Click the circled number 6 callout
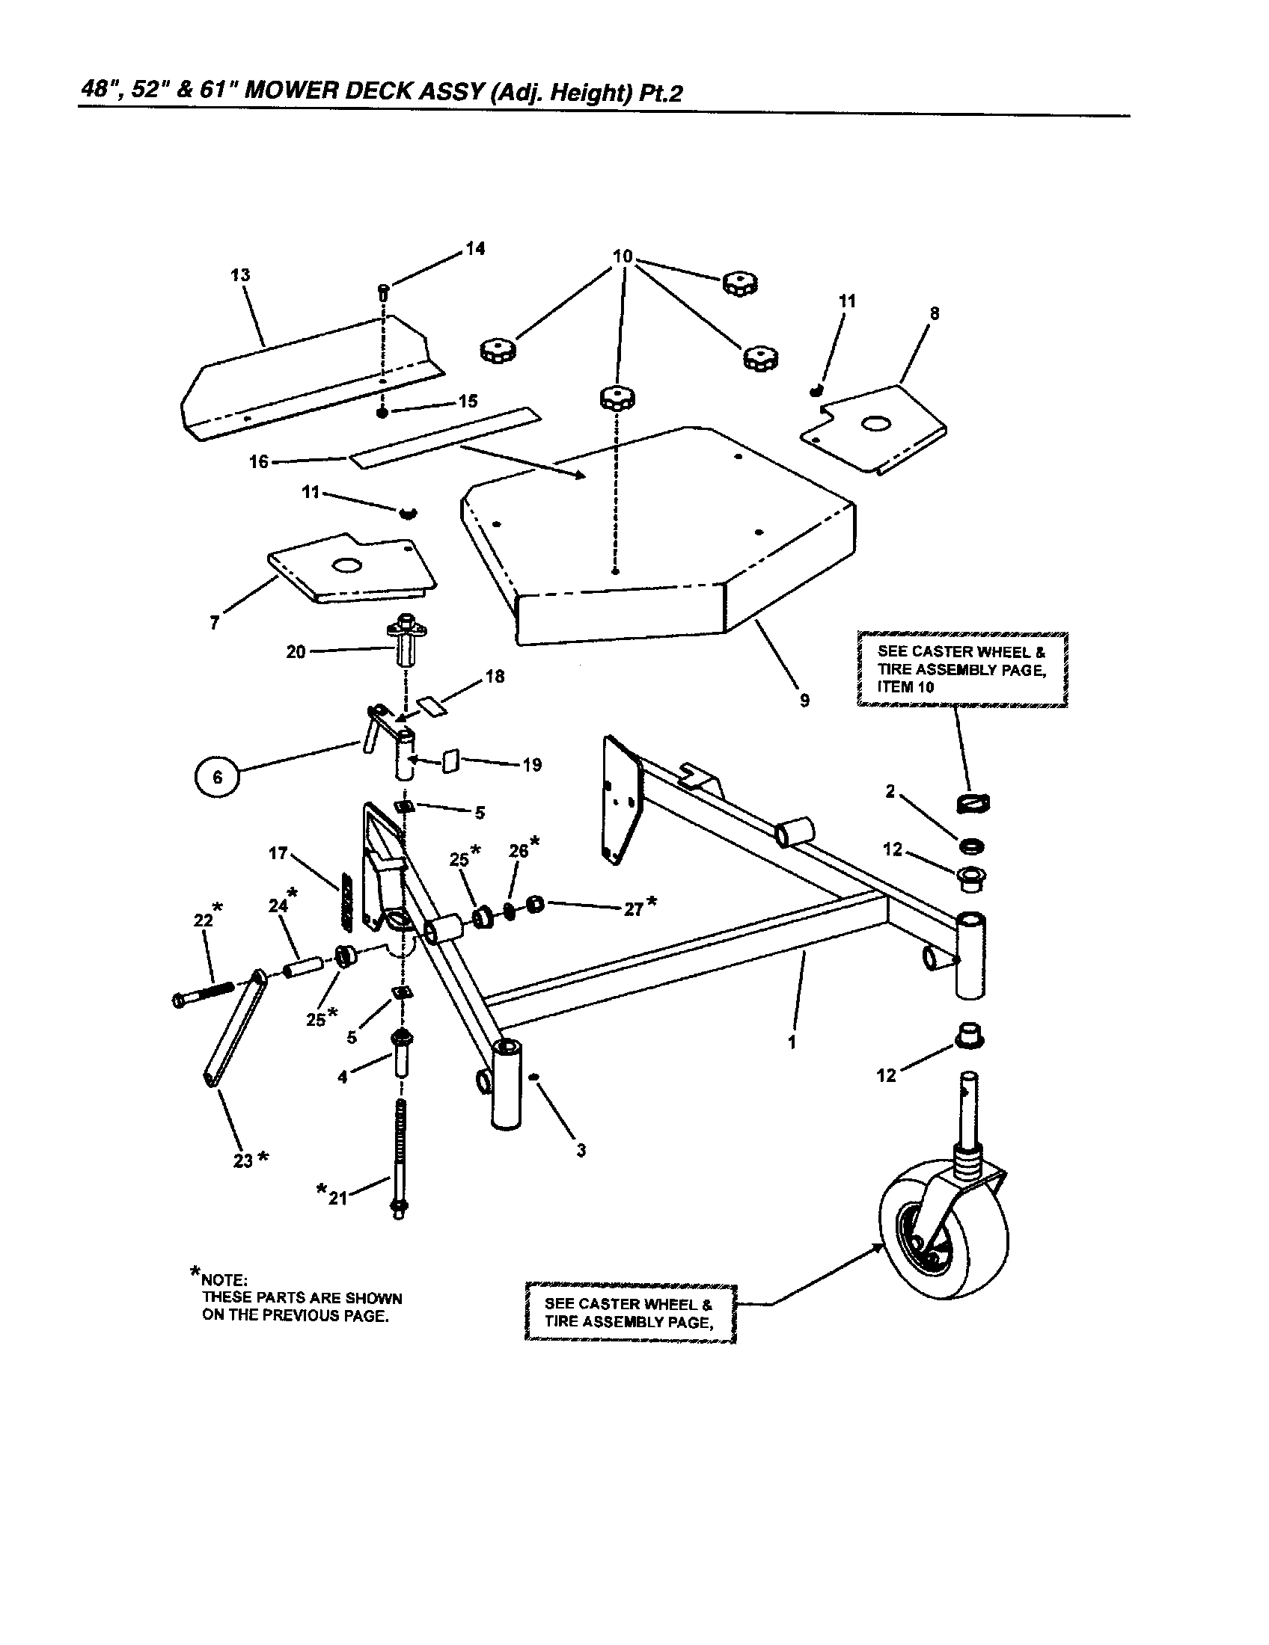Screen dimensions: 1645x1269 coord(218,778)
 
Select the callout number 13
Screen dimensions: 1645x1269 coord(240,275)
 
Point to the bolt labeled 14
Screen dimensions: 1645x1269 coord(383,291)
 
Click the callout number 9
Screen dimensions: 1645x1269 coord(805,701)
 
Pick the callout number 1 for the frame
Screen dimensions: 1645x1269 coord(791,1042)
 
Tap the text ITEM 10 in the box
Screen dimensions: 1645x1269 coord(905,687)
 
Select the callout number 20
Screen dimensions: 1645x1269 coord(296,651)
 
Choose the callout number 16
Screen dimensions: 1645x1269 coord(258,461)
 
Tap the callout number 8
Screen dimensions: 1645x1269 coord(935,313)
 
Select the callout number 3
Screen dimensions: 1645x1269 coord(581,1150)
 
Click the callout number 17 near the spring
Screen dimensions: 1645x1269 coord(278,853)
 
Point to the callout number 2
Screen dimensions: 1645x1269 coord(890,791)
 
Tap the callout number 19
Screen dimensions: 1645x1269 coord(532,765)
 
